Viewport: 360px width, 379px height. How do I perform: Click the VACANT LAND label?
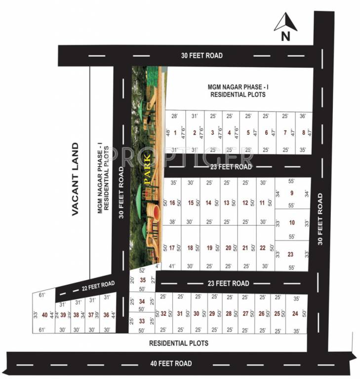point(75,179)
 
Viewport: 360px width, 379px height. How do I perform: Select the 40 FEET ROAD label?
point(171,363)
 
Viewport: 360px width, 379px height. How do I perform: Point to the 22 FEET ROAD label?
point(98,285)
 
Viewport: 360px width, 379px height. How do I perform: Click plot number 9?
point(291,193)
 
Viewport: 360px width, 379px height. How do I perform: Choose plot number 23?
point(291,255)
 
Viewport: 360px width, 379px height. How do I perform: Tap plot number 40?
point(45,315)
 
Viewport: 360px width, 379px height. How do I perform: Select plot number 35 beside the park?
point(143,280)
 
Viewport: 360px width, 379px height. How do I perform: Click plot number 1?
point(175,132)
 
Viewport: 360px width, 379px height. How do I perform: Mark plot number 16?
point(172,202)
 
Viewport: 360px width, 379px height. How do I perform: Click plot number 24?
point(295,313)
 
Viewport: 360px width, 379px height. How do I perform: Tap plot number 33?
point(142,321)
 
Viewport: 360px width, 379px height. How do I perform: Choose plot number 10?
point(291,223)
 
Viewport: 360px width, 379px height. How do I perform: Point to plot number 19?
point(209,248)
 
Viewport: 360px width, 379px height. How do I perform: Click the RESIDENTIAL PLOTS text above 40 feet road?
point(179,343)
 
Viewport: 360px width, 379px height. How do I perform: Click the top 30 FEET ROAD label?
point(201,56)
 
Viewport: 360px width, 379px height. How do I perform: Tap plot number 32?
point(163,313)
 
